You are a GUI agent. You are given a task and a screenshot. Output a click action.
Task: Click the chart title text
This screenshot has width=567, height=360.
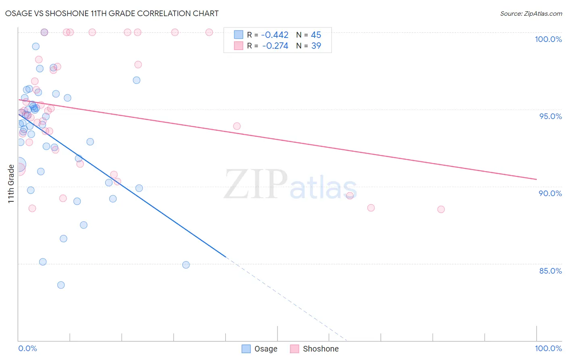click(112, 13)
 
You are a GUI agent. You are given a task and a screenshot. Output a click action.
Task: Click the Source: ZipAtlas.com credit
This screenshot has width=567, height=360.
click(531, 14)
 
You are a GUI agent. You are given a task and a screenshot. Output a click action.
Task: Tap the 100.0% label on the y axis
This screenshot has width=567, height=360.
click(548, 39)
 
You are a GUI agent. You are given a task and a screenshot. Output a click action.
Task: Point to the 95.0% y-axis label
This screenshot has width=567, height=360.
click(550, 116)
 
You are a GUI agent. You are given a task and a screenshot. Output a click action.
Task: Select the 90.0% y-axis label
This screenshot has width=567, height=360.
click(550, 193)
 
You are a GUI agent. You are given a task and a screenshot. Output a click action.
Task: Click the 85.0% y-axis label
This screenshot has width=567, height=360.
click(550, 271)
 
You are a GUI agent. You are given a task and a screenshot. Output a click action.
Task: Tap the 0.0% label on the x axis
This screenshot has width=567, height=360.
click(27, 348)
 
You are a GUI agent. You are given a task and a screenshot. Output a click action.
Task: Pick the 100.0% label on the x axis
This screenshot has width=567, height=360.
click(548, 348)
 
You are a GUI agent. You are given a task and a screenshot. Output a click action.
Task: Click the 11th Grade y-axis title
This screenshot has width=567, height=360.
click(11, 184)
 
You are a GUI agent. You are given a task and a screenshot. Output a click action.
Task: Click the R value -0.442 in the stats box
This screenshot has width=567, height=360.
click(275, 35)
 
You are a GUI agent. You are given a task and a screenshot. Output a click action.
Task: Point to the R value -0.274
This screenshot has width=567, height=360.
click(275, 46)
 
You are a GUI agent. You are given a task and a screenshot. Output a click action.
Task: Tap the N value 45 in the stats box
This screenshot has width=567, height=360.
click(316, 35)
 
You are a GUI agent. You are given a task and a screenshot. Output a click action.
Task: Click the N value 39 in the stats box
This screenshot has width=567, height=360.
click(316, 46)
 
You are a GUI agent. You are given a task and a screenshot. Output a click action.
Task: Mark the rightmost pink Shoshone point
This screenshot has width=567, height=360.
click(441, 209)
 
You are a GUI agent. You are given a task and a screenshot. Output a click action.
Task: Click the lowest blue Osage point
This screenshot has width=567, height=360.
click(61, 285)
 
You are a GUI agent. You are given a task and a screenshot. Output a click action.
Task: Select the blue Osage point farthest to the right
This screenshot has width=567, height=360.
click(186, 265)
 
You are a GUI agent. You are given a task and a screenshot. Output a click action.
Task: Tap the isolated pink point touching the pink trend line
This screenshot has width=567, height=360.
click(237, 126)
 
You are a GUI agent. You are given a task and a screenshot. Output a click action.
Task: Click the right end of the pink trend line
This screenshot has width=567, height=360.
click(536, 179)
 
